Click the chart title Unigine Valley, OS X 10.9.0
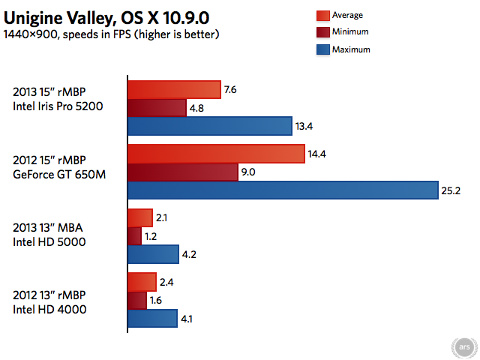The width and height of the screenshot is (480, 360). pyautogui.click(x=112, y=16)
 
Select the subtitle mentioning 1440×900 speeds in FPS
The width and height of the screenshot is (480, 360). pyautogui.click(x=111, y=34)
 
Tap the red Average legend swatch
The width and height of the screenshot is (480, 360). pyautogui.click(x=324, y=15)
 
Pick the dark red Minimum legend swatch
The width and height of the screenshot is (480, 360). pyautogui.click(x=324, y=32)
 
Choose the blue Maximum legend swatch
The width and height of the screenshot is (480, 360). pyautogui.click(x=324, y=49)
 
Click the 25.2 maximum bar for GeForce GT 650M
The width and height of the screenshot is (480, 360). pyautogui.click(x=283, y=190)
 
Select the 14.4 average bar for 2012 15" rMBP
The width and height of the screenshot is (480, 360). pyautogui.click(x=216, y=154)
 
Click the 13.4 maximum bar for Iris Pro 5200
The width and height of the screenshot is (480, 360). pyautogui.click(x=209, y=126)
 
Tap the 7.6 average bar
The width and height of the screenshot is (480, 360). pyautogui.click(x=174, y=90)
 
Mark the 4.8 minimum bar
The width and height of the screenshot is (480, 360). pyautogui.click(x=157, y=108)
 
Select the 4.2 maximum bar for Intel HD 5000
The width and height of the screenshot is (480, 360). pyautogui.click(x=152, y=255)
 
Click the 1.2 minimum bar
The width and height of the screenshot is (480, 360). pyautogui.click(x=134, y=236)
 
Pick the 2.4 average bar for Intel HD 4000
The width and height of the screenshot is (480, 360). pyautogui.click(x=141, y=283)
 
